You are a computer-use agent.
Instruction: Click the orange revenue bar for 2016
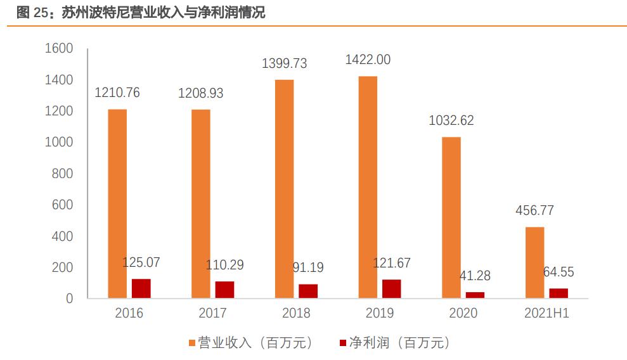coord(117,203)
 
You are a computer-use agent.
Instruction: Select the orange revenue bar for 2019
coord(368,187)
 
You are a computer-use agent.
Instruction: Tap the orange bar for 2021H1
coord(534,262)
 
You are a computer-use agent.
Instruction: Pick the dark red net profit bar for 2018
coord(308,291)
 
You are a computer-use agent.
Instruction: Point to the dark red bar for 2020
coord(475,295)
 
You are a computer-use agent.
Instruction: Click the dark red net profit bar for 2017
coord(224,290)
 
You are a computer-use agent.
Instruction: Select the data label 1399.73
coord(285,63)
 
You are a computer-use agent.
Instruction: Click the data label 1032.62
coord(451,120)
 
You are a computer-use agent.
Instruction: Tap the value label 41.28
coord(474,276)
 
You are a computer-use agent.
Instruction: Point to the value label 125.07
coord(141,262)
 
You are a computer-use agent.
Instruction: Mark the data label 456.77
coord(534,210)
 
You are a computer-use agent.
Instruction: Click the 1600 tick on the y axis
coord(59,49)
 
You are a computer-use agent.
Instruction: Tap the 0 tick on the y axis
coord(70,299)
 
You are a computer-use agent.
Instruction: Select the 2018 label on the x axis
coord(296,313)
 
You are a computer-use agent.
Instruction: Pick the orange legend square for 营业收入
coord(193,343)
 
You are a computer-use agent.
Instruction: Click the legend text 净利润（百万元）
coord(399,343)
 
